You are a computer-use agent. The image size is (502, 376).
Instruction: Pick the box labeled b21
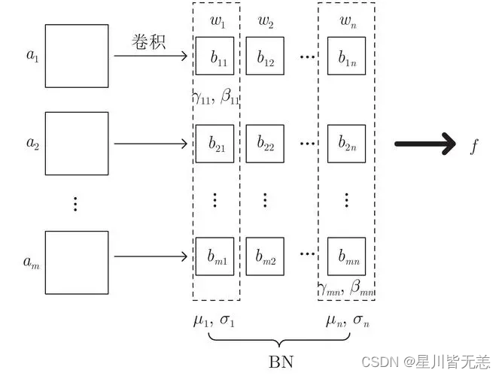coord(215,143)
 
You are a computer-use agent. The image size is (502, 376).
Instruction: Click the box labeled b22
coord(266,143)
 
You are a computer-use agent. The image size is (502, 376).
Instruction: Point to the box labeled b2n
coord(347,143)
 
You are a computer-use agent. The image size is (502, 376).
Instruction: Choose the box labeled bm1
coord(215,256)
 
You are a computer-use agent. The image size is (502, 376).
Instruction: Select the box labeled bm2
coord(266,256)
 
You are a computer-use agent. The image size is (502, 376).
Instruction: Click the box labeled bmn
coord(347,256)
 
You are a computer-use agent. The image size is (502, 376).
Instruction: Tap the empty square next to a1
coord(76,56)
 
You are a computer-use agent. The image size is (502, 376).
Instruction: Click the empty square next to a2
coord(76,143)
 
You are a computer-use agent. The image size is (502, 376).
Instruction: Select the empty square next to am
coord(76,262)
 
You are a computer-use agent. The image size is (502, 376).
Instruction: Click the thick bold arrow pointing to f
coord(426,143)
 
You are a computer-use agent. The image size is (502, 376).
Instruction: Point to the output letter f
coord(474,144)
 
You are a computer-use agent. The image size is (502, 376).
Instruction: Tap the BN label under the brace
coord(277,360)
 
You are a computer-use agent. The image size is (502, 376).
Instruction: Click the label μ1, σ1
coord(214,321)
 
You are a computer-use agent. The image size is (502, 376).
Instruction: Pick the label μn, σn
coord(347,321)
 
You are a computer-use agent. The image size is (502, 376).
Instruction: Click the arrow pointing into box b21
coord(151,143)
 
